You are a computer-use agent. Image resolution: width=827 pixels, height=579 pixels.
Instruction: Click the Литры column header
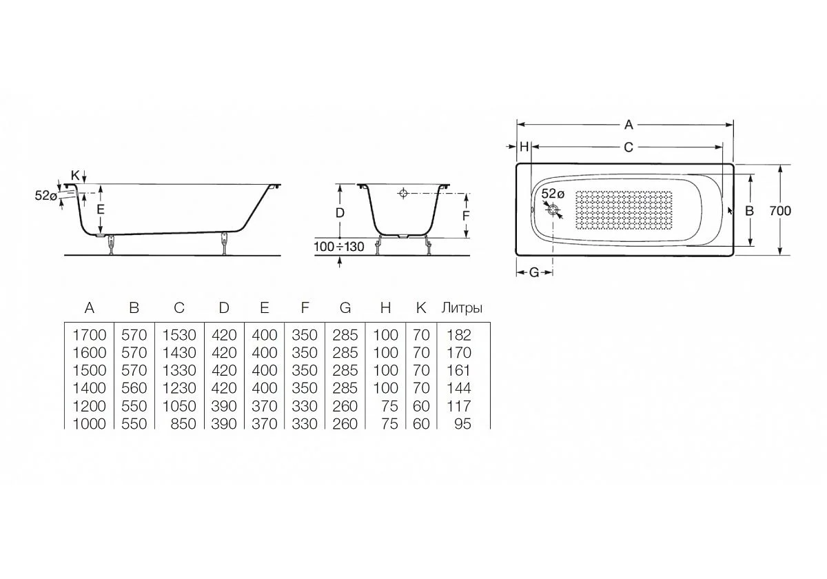click(x=462, y=308)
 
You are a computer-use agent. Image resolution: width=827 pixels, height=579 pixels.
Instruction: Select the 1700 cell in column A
click(x=90, y=335)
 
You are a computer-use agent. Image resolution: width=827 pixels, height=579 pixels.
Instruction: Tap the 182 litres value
click(x=458, y=335)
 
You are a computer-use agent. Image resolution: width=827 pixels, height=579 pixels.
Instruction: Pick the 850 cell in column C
click(x=183, y=424)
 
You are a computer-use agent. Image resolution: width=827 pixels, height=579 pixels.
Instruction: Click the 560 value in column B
click(x=134, y=388)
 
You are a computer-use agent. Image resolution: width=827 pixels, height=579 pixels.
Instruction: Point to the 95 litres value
click(x=462, y=424)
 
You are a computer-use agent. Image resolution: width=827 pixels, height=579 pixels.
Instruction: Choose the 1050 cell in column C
click(x=179, y=406)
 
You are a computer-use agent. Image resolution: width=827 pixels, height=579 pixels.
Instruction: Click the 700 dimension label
click(x=779, y=211)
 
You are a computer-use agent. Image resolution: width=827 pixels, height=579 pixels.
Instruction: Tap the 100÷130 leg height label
click(x=338, y=247)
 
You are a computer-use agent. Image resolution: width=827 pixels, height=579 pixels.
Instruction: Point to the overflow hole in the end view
click(x=403, y=194)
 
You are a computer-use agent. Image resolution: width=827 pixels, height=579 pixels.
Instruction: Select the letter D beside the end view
click(x=340, y=213)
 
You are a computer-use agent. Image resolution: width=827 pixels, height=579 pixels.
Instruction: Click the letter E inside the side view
click(x=101, y=208)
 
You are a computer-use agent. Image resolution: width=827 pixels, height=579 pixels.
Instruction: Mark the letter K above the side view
click(x=74, y=175)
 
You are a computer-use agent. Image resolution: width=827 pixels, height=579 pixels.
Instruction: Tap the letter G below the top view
click(x=534, y=272)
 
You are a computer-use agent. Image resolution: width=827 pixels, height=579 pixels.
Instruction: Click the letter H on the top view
click(x=524, y=147)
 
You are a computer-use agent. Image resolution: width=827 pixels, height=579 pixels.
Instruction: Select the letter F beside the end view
click(x=466, y=215)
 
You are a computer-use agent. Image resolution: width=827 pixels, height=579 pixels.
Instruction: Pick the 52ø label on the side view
click(x=45, y=195)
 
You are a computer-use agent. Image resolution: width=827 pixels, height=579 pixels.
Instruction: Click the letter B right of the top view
click(x=750, y=211)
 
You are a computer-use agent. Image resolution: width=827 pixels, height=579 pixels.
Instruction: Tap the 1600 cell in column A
click(x=90, y=353)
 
